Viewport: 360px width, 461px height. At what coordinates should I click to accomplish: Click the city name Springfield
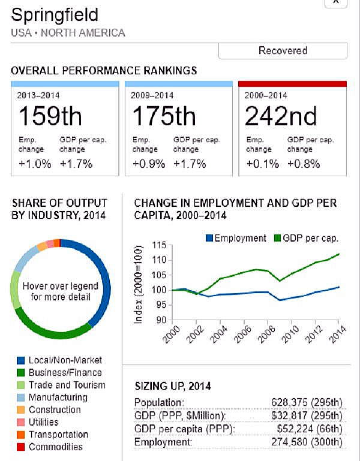[x=55, y=14]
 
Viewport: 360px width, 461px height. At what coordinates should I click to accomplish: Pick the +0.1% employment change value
[x=259, y=164]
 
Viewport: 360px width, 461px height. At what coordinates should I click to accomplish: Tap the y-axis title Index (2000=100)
[x=139, y=285]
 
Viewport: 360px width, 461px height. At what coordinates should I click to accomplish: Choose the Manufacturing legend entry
[x=58, y=397]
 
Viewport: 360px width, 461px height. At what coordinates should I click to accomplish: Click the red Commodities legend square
[x=20, y=447]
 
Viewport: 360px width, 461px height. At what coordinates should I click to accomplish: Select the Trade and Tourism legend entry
[x=66, y=385]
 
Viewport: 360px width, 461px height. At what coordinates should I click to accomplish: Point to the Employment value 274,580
[x=294, y=442]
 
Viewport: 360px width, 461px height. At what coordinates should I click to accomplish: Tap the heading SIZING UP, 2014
[x=172, y=385]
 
